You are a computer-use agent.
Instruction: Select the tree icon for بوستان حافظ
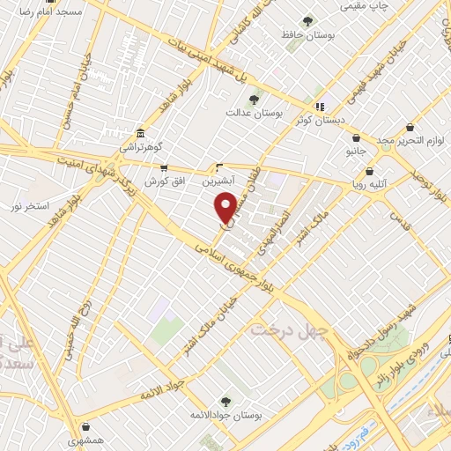307,21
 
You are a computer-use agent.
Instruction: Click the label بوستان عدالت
253,114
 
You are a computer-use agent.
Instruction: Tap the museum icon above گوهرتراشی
141,133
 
